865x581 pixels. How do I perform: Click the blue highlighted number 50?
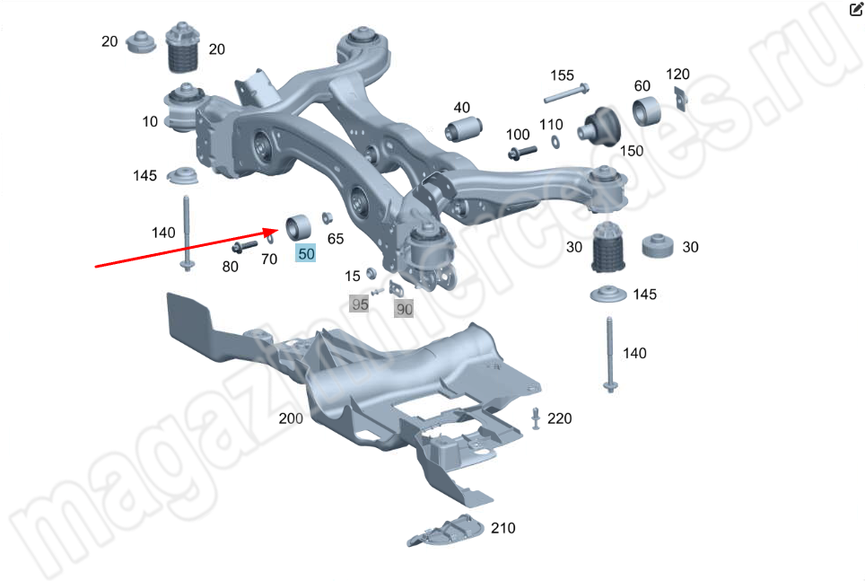[306, 253]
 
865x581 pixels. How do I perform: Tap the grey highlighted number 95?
[359, 304]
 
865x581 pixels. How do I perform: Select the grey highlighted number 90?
[405, 309]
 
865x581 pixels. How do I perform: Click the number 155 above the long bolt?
[562, 75]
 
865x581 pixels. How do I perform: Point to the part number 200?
[291, 418]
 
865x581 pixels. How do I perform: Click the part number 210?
[503, 528]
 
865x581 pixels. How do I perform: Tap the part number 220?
[559, 418]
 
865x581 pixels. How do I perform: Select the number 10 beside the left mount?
[150, 121]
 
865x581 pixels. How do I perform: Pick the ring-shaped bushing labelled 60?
[646, 111]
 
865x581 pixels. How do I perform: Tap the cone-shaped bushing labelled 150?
[599, 127]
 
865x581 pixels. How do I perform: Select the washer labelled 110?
[555, 142]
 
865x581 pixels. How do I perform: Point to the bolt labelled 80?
[245, 246]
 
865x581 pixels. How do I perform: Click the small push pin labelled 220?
[536, 418]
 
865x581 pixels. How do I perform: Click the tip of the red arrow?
[279, 229]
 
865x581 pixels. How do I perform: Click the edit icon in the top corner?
[856, 8]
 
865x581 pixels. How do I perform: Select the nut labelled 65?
[327, 217]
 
